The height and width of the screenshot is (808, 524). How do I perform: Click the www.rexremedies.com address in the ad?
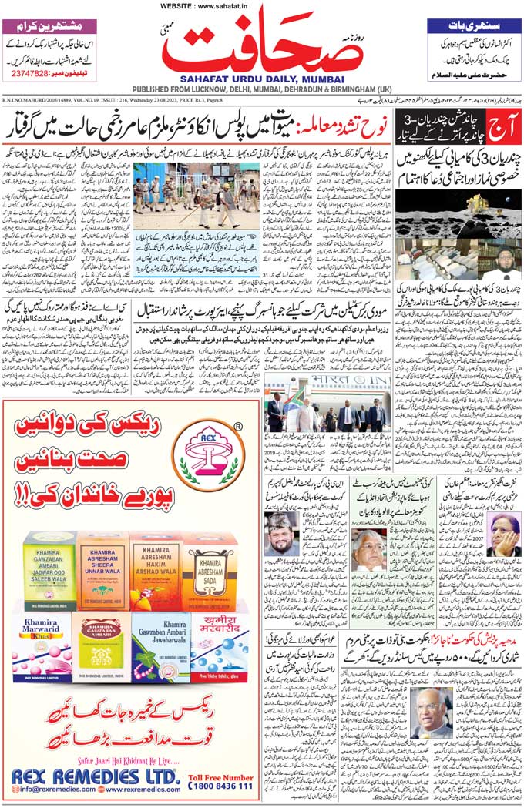click(x=139, y=790)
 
